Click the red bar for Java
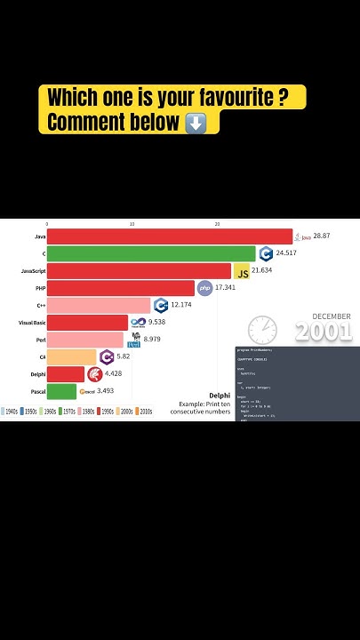point(169,236)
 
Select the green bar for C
point(151,253)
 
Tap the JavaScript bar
point(139,270)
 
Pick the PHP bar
point(120,288)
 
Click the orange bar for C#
point(71,356)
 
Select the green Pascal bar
point(62,391)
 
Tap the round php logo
point(204,288)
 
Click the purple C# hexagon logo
point(107,356)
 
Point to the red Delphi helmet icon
point(94,374)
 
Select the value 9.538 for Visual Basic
point(156,322)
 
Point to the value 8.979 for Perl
point(151,340)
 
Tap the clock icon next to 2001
point(262,330)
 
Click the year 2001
point(324,332)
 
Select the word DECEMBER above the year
point(331,316)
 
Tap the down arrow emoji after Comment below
point(196,123)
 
